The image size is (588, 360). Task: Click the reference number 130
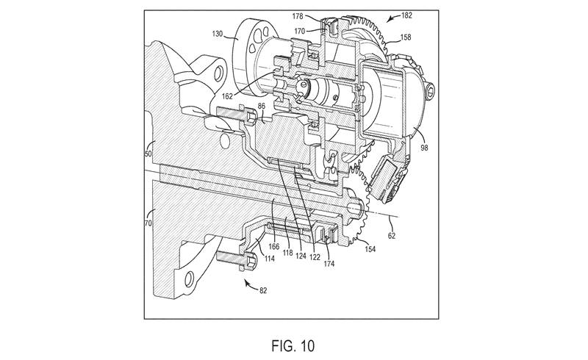217,34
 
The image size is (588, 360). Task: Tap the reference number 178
298,16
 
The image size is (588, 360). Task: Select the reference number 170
300,32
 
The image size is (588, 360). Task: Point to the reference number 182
407,15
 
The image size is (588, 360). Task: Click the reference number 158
406,37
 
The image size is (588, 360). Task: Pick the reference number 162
227,96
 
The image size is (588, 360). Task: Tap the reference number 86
262,107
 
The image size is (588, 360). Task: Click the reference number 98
424,148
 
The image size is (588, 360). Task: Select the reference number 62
392,236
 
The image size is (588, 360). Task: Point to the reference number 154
370,249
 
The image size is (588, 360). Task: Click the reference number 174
329,264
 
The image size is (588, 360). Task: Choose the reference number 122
315,257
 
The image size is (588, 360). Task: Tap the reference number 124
301,257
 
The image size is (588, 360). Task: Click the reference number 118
287,253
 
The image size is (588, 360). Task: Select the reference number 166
274,246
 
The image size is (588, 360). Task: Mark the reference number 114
269,259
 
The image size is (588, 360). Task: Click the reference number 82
263,290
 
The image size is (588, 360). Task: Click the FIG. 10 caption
293,346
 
